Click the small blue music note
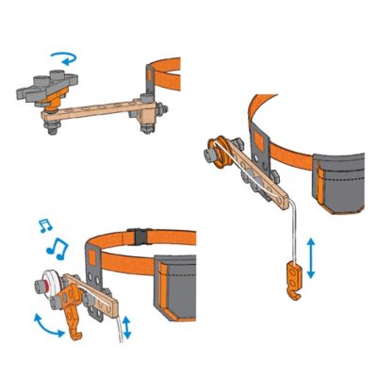41,225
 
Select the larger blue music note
57,249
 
